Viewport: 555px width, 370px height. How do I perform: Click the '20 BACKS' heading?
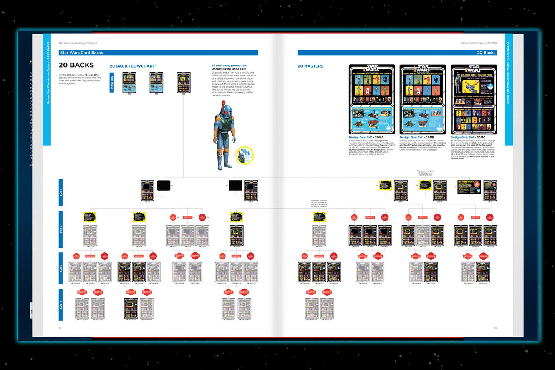[76, 65]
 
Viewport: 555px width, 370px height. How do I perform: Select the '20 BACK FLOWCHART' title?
[133, 66]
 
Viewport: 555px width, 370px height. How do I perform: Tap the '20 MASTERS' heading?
[310, 66]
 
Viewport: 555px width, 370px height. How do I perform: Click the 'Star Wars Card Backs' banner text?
[81, 53]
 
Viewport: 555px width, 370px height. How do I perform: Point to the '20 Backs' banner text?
[486, 53]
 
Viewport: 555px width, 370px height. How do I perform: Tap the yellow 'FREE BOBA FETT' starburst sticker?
[244, 155]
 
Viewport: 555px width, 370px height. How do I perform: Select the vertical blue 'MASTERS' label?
[112, 82]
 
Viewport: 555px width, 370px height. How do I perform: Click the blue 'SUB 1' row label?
[61, 192]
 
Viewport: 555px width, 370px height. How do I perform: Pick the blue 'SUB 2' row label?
[61, 229]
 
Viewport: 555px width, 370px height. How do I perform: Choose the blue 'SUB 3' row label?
[61, 268]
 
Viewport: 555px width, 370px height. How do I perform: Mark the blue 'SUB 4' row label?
[61, 305]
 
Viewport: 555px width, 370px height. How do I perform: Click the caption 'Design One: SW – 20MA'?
[366, 137]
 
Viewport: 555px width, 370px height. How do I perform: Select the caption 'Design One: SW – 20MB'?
[417, 137]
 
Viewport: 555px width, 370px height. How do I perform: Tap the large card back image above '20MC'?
[474, 100]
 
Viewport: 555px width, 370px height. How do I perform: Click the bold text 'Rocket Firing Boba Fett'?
[229, 69]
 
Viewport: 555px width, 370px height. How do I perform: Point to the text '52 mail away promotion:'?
[229, 66]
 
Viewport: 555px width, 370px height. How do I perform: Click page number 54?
[60, 328]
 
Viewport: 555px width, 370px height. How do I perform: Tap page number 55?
[495, 328]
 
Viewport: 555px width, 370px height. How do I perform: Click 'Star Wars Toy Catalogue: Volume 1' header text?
[78, 43]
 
